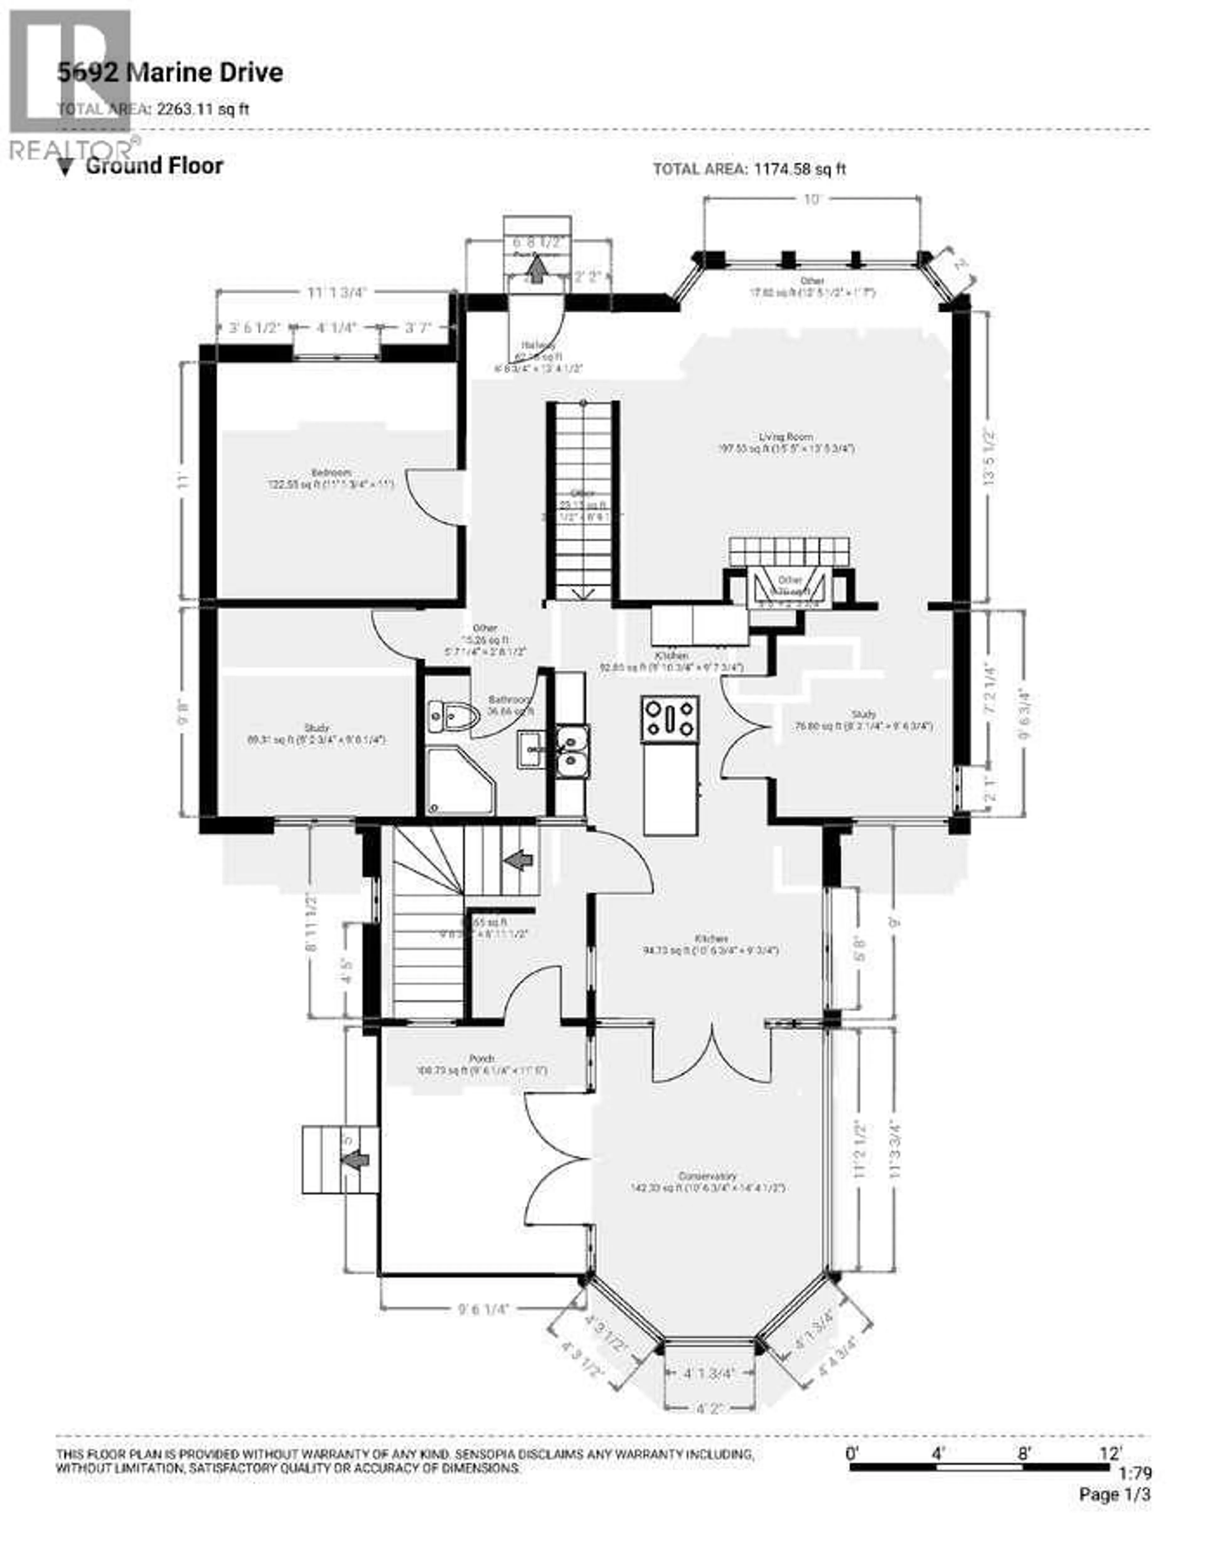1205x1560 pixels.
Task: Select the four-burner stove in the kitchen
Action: pos(670,718)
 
